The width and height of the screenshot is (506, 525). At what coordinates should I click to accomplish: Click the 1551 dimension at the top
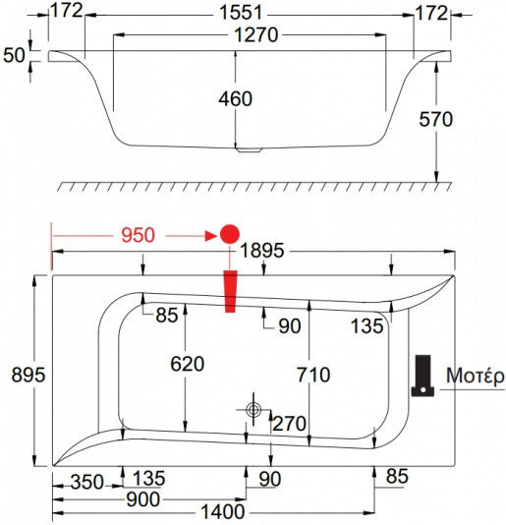point(241,14)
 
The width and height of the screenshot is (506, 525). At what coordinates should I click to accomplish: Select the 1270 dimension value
point(256,34)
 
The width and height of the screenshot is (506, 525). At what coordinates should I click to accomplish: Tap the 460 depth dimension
point(235,98)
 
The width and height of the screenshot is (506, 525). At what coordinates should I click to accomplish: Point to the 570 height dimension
point(436,119)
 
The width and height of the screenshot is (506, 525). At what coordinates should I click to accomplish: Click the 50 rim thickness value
point(14,55)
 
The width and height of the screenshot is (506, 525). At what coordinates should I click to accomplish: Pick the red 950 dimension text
point(138,235)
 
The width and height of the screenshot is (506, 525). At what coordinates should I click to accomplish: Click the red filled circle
point(230,234)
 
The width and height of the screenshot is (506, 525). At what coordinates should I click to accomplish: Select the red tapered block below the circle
point(230,291)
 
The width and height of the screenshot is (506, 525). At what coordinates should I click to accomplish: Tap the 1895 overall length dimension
point(262,251)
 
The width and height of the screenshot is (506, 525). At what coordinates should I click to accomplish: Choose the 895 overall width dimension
point(28,375)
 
